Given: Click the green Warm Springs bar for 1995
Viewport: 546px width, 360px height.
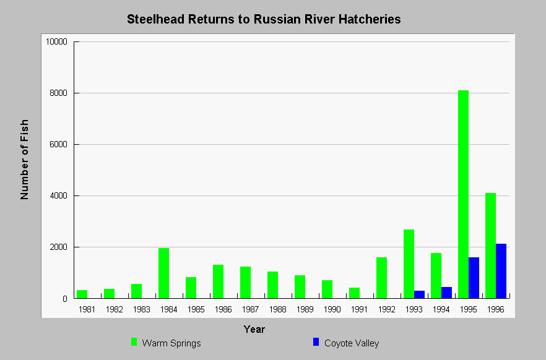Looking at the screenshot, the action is (463, 194).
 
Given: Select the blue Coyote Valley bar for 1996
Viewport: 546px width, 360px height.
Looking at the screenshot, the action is (501, 271).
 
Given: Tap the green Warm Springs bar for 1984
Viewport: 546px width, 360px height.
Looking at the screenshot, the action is (163, 273).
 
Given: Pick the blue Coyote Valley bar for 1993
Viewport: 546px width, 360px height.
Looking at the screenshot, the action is (419, 294).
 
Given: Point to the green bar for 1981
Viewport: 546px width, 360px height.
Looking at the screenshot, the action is (82, 294).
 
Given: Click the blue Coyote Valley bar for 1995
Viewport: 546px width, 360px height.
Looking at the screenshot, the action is (474, 278).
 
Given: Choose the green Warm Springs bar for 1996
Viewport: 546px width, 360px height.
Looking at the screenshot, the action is (491, 246).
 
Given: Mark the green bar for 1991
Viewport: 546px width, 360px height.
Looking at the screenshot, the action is (355, 293).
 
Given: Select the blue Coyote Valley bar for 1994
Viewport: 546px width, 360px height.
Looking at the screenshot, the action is (446, 293).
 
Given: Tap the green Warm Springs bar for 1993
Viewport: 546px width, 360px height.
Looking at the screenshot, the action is (409, 264).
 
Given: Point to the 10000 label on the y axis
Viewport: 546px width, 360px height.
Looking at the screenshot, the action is (56, 41).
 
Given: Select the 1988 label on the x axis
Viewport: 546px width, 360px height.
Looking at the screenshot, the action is (277, 309).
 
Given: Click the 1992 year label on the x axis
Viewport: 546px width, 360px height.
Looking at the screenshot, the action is (386, 309).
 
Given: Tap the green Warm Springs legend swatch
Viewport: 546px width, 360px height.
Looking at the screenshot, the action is (134, 342).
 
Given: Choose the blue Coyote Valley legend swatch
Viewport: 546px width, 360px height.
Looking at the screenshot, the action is (316, 342).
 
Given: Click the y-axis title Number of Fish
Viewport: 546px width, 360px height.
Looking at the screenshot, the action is (24, 160).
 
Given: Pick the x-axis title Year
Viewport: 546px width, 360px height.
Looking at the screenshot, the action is (254, 329).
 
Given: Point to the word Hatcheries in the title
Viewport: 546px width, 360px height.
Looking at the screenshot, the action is (370, 19).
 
